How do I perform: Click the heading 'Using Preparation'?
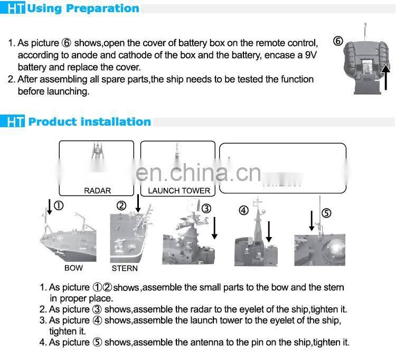coord(83,8)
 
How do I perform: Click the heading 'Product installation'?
coord(90,122)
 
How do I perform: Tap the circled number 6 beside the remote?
coord(338,41)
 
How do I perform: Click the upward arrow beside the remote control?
coord(385,77)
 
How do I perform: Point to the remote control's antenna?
coord(365,32)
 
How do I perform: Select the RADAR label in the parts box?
coord(97,191)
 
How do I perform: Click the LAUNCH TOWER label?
coord(179,191)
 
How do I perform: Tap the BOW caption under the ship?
coord(73,268)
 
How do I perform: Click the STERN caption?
coord(125,268)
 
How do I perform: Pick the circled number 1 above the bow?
coord(59,205)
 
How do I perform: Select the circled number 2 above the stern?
coord(121,206)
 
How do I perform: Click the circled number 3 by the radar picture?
coord(206,209)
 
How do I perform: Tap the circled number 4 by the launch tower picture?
coord(244,210)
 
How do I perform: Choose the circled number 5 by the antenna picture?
coord(326,213)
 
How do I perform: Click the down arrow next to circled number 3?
coord(214,228)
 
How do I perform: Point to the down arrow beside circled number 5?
coord(312,221)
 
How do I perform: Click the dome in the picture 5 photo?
coord(333,250)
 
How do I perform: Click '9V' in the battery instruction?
coord(310,55)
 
